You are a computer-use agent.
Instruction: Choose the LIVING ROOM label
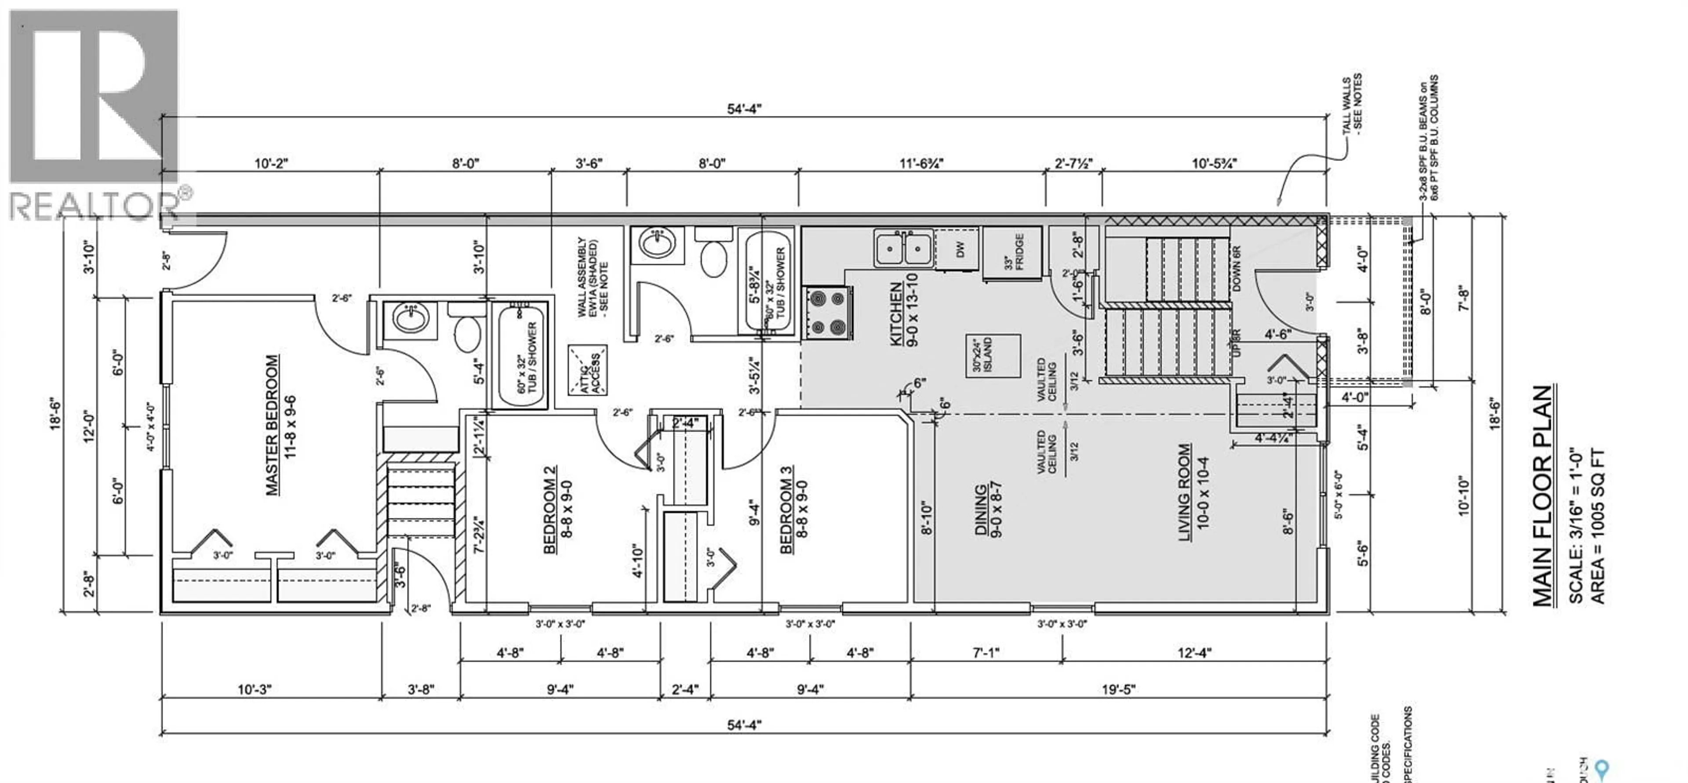(1193, 492)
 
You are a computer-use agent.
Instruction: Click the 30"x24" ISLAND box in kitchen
(993, 356)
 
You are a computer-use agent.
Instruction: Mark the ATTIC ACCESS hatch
(587, 370)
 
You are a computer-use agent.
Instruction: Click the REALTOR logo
(95, 115)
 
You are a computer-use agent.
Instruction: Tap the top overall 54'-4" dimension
(744, 109)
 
